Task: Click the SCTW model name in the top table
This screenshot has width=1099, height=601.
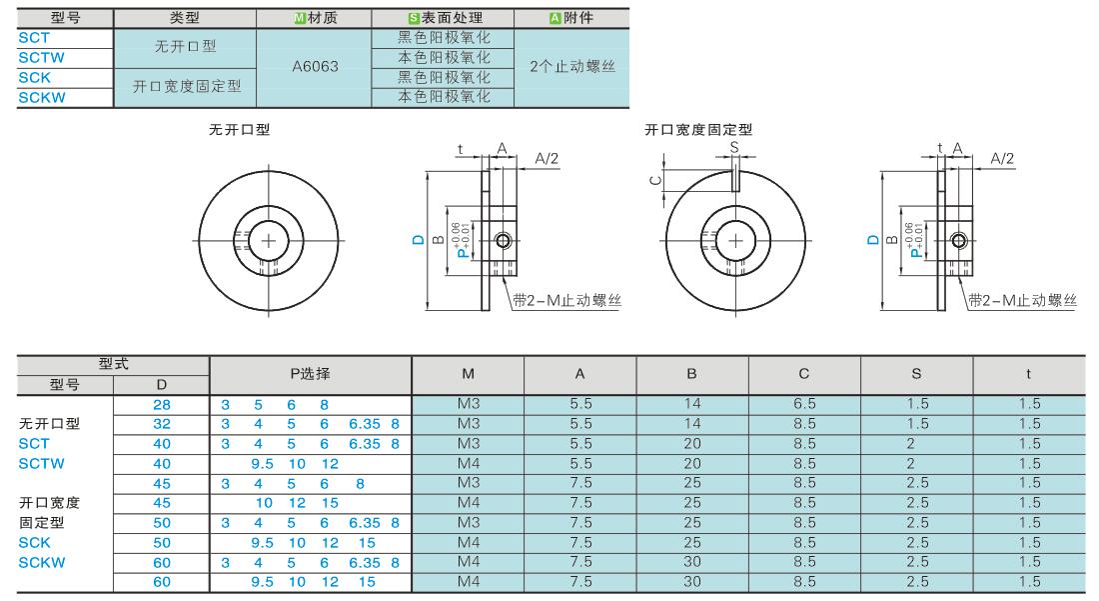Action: (41, 57)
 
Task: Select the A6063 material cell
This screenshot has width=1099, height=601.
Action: (315, 67)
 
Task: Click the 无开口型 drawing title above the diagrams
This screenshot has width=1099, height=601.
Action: (239, 130)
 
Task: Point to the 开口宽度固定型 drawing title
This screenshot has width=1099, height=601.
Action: (698, 130)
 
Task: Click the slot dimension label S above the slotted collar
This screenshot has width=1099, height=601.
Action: (734, 146)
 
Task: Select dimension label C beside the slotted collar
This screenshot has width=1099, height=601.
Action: (653, 180)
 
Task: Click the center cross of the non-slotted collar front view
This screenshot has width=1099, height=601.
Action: (269, 240)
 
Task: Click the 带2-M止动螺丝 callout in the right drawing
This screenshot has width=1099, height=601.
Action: (1022, 300)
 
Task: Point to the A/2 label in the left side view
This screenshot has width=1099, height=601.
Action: (548, 158)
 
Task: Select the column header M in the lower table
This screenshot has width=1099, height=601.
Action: (468, 374)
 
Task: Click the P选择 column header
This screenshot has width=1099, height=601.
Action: (310, 374)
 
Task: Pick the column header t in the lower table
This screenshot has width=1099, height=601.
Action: (1028, 374)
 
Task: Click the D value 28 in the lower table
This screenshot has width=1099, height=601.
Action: (162, 404)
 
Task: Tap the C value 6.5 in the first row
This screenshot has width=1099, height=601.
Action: (804, 404)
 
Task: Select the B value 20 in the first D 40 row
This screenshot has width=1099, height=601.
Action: (692, 443)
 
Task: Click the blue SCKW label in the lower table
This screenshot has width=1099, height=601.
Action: (42, 562)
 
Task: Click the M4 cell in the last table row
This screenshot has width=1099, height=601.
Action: (468, 581)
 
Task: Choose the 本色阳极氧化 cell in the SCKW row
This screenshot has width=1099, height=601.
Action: (444, 97)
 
